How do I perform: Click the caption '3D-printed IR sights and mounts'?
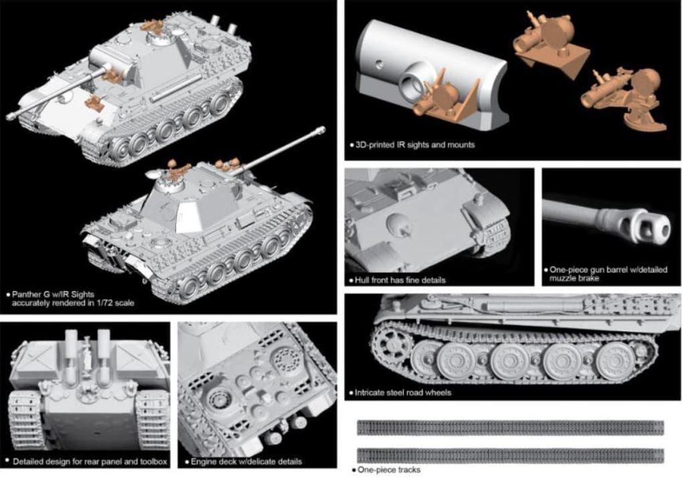[415, 145]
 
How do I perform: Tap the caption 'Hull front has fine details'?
[400, 280]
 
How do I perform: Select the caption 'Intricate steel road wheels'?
[403, 393]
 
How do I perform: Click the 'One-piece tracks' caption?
[389, 470]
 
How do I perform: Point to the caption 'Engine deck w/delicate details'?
[246, 461]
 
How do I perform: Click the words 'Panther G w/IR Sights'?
[53, 294]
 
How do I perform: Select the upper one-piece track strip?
[511, 427]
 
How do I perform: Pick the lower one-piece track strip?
[511, 456]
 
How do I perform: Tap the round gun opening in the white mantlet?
[411, 82]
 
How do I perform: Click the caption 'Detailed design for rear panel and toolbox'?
[90, 461]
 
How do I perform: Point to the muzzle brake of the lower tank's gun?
[320, 130]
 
